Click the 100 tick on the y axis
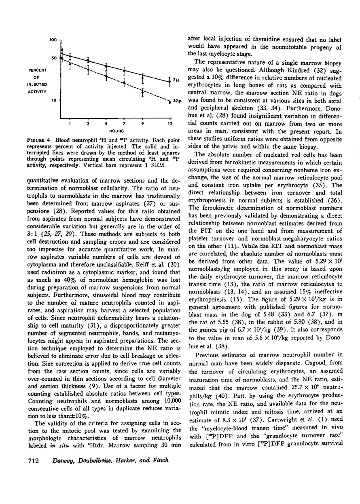point(53,40)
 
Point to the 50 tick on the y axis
point(53,58)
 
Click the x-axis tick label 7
point(124,123)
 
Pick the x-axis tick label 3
point(88,123)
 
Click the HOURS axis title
point(116,131)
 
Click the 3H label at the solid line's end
point(175,80)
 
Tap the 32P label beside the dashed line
point(176,101)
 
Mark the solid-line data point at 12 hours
point(169,81)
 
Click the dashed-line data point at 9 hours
point(142,93)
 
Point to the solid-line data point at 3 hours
point(88,60)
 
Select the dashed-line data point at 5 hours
point(106,76)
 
